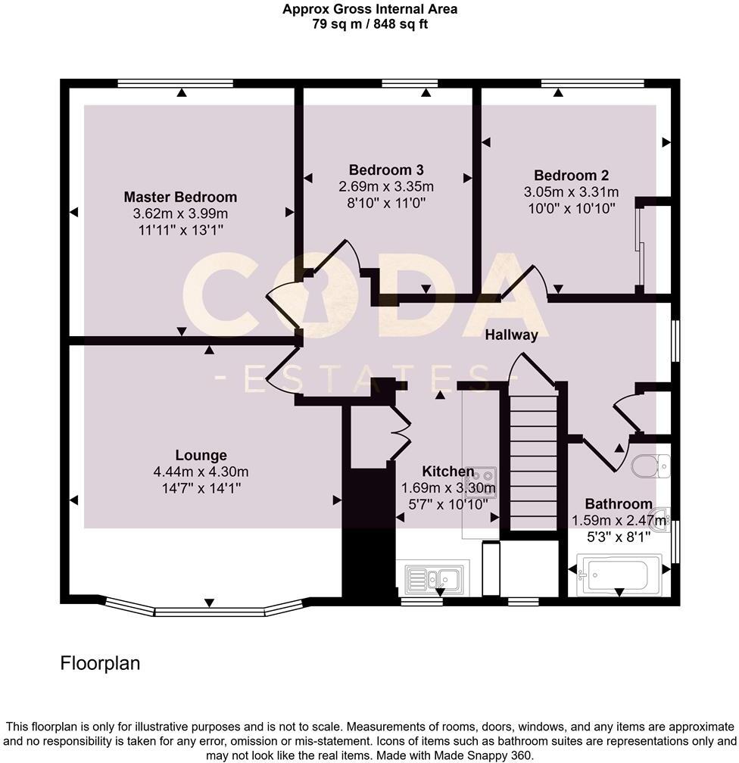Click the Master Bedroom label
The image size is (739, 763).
[x=180, y=197]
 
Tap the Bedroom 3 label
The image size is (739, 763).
[x=386, y=169]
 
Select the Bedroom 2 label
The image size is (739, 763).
[x=570, y=174]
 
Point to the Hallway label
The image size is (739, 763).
[x=511, y=335]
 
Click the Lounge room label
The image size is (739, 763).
[x=201, y=455]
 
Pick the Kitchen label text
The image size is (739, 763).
[x=448, y=472]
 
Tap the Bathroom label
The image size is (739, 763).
[x=618, y=503]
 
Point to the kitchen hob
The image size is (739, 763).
[x=482, y=480]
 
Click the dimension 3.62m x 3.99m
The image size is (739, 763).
[x=180, y=213]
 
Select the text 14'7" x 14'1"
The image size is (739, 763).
[x=201, y=488]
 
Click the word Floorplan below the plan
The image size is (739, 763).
[x=100, y=664]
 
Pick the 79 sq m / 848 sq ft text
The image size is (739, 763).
[x=369, y=23]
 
